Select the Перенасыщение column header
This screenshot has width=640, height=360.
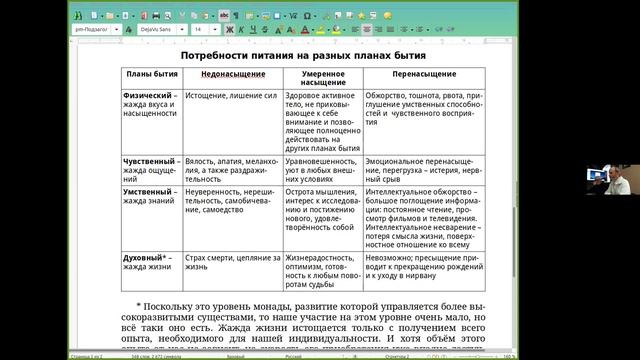425,75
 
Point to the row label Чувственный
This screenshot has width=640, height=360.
147,160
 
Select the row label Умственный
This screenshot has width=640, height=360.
148,190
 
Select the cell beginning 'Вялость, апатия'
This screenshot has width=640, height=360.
229,165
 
